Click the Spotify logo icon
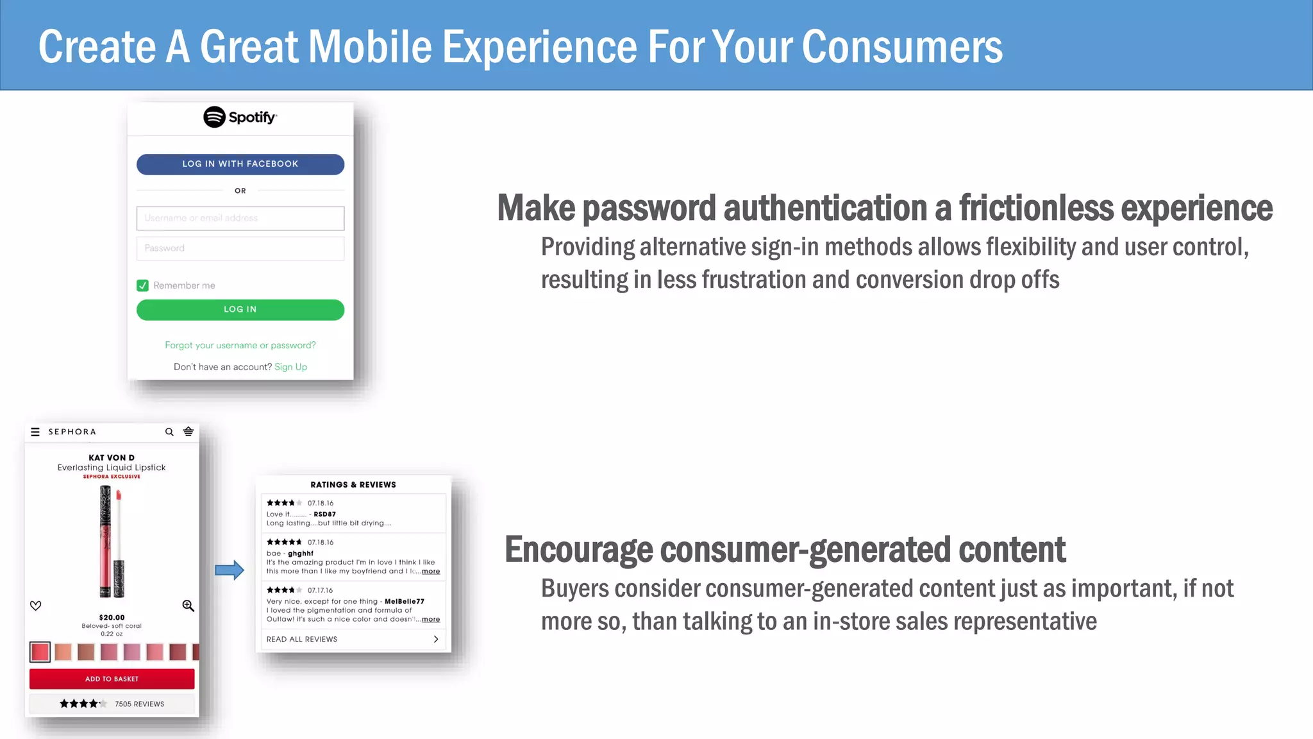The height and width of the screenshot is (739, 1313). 214,117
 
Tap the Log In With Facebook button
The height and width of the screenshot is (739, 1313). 240,164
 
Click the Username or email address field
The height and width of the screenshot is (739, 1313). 240,218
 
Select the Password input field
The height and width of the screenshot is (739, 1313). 240,248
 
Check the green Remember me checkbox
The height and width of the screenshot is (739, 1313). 142,285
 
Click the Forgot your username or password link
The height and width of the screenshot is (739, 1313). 240,345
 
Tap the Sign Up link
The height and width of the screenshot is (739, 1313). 290,367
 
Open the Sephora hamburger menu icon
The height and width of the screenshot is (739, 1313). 35,432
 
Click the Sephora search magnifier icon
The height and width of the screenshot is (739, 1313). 169,432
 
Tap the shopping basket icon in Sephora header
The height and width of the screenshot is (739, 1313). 188,431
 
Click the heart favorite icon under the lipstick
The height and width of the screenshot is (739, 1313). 36,606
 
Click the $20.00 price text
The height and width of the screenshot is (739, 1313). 112,617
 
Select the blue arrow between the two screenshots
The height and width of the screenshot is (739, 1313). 229,570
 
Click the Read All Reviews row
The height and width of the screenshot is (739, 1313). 353,639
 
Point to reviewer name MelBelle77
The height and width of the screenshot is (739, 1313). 404,601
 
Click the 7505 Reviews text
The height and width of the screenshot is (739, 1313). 139,704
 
